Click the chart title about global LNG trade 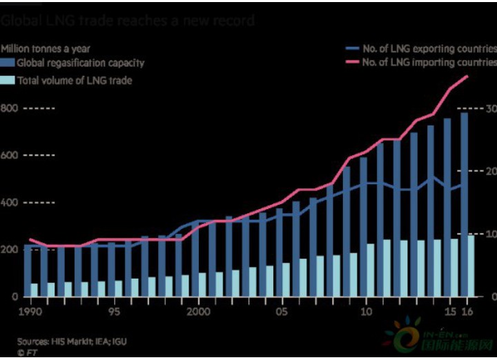[128, 21]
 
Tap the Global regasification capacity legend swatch [7, 63]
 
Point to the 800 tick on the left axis [9, 109]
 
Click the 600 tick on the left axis [9, 156]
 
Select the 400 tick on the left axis [9, 203]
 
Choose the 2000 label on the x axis [198, 312]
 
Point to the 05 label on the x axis [282, 312]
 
